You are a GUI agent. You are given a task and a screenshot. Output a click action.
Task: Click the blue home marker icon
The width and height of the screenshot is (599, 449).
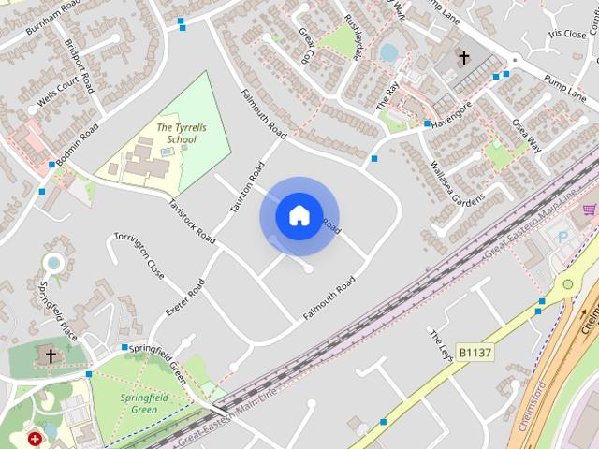299,215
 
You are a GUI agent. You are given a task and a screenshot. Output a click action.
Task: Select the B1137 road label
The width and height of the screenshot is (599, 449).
475,352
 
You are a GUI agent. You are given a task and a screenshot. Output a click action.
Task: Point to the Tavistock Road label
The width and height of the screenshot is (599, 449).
192,222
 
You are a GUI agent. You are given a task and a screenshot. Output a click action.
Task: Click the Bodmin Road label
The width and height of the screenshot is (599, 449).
77,146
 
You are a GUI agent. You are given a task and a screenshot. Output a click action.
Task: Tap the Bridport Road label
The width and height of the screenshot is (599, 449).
80,66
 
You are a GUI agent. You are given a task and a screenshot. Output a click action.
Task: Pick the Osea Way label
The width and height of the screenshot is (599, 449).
527,135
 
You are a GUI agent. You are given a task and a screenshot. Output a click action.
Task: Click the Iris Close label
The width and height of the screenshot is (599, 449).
565,33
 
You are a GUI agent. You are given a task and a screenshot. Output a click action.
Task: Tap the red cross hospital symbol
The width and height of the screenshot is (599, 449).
36,438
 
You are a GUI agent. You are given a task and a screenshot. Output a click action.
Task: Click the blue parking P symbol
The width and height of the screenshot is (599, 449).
562,239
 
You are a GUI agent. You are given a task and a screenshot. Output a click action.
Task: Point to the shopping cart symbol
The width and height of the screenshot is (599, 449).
589,210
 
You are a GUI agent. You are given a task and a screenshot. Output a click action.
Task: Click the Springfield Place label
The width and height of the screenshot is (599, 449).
58,310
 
